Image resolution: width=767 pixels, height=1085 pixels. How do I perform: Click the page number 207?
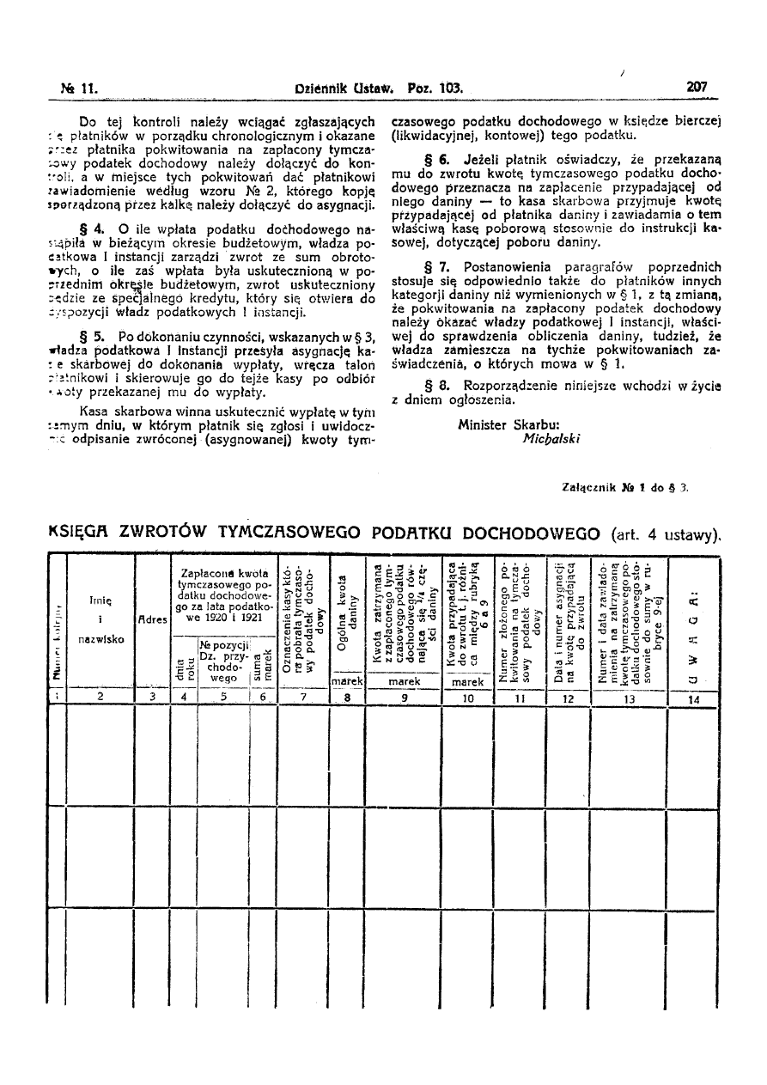point(696,87)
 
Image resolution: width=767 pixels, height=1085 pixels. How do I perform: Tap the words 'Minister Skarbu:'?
point(508,424)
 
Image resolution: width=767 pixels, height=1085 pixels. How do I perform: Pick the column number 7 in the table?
point(302,698)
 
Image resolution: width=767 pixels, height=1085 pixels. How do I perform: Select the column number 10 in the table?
point(467,698)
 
